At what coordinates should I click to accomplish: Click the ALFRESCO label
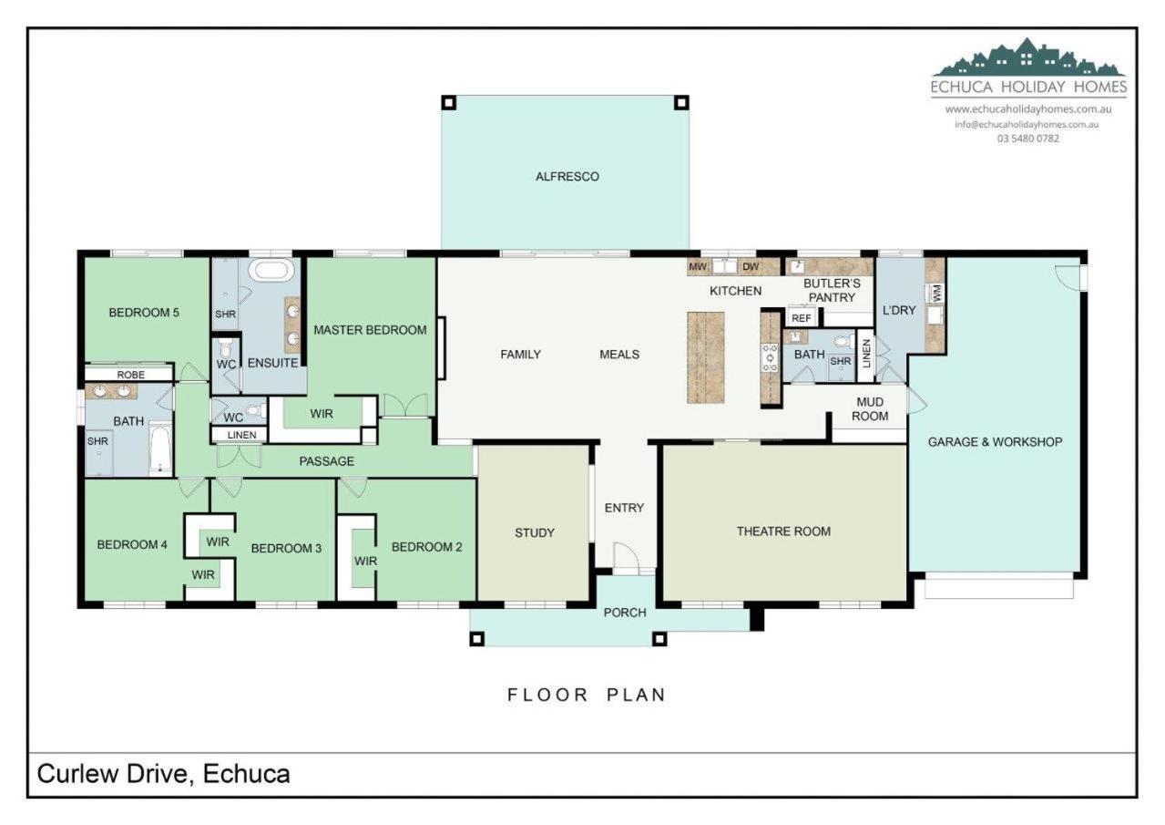(567, 177)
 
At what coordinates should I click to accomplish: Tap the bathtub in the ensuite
(271, 271)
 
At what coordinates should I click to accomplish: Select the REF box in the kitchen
(801, 318)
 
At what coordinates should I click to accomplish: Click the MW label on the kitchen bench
(698, 267)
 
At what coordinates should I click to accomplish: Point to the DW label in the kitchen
(751, 267)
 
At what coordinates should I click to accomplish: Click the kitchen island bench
(706, 357)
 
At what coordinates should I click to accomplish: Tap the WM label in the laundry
(936, 292)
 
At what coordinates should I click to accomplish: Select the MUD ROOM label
(870, 409)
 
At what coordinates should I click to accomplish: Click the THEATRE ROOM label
(783, 531)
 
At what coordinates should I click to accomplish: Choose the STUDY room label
(534, 532)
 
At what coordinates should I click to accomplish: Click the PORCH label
(625, 613)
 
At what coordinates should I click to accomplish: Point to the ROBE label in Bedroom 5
(130, 375)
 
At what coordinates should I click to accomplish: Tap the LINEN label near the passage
(242, 435)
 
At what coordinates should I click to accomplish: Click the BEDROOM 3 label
(286, 548)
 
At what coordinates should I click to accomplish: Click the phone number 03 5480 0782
(1027, 139)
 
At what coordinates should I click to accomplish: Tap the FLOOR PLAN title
(586, 695)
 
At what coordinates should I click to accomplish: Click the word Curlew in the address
(76, 773)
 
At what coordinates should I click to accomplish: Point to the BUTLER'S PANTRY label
(832, 291)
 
